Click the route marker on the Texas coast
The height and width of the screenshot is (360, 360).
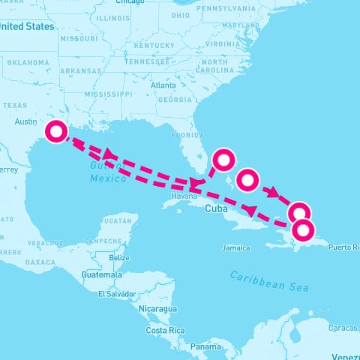point(55,132)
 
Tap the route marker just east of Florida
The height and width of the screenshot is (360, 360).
point(223,159)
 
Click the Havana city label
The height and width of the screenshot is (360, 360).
point(183,196)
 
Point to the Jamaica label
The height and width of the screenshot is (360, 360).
point(235,247)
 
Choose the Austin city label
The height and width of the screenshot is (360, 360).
point(25,121)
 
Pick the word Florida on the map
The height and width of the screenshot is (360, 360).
point(187,136)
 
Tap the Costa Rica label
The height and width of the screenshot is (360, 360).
point(165,330)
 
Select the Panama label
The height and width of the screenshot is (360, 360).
point(205,346)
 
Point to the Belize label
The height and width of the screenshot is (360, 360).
point(119,258)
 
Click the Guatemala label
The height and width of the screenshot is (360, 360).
point(102,275)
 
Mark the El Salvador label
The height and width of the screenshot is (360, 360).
point(116,293)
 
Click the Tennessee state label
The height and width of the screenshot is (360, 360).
point(147,62)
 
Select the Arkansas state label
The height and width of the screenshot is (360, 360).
point(81,72)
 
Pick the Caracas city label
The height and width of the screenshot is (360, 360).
point(343,328)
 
